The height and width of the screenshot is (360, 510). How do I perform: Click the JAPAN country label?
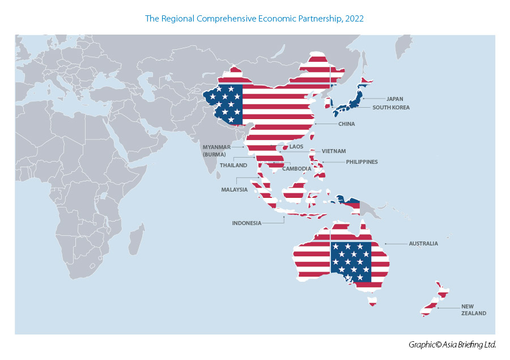click(394, 99)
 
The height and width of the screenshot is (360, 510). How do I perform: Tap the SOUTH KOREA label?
click(390, 107)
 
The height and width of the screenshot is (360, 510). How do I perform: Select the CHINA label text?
click(346, 124)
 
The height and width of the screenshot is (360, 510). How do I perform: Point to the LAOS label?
click(296, 146)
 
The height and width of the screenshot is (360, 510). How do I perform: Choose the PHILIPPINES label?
click(362, 162)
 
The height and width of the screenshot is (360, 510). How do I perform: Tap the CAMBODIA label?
click(297, 168)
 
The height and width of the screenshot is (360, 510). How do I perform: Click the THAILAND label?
click(233, 165)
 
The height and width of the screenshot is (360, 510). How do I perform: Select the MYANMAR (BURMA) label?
click(214, 150)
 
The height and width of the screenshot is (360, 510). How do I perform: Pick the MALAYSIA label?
click(234, 189)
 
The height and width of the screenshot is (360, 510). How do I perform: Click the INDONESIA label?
click(246, 223)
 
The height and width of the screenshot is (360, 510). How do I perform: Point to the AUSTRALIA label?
click(423, 244)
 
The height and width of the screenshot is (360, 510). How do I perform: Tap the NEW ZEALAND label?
click(473, 310)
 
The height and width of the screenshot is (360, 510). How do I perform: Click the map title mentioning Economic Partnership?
click(254, 19)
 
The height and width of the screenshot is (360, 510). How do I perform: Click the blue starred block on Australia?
click(351, 262)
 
